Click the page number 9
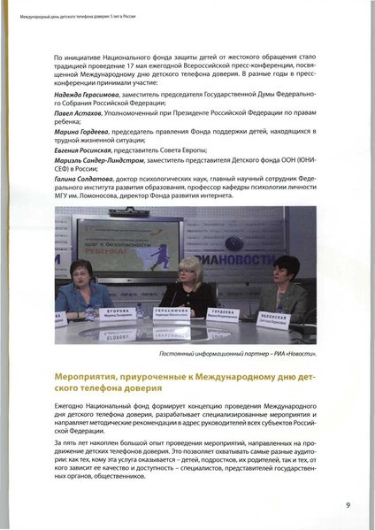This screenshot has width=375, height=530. (348, 506)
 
